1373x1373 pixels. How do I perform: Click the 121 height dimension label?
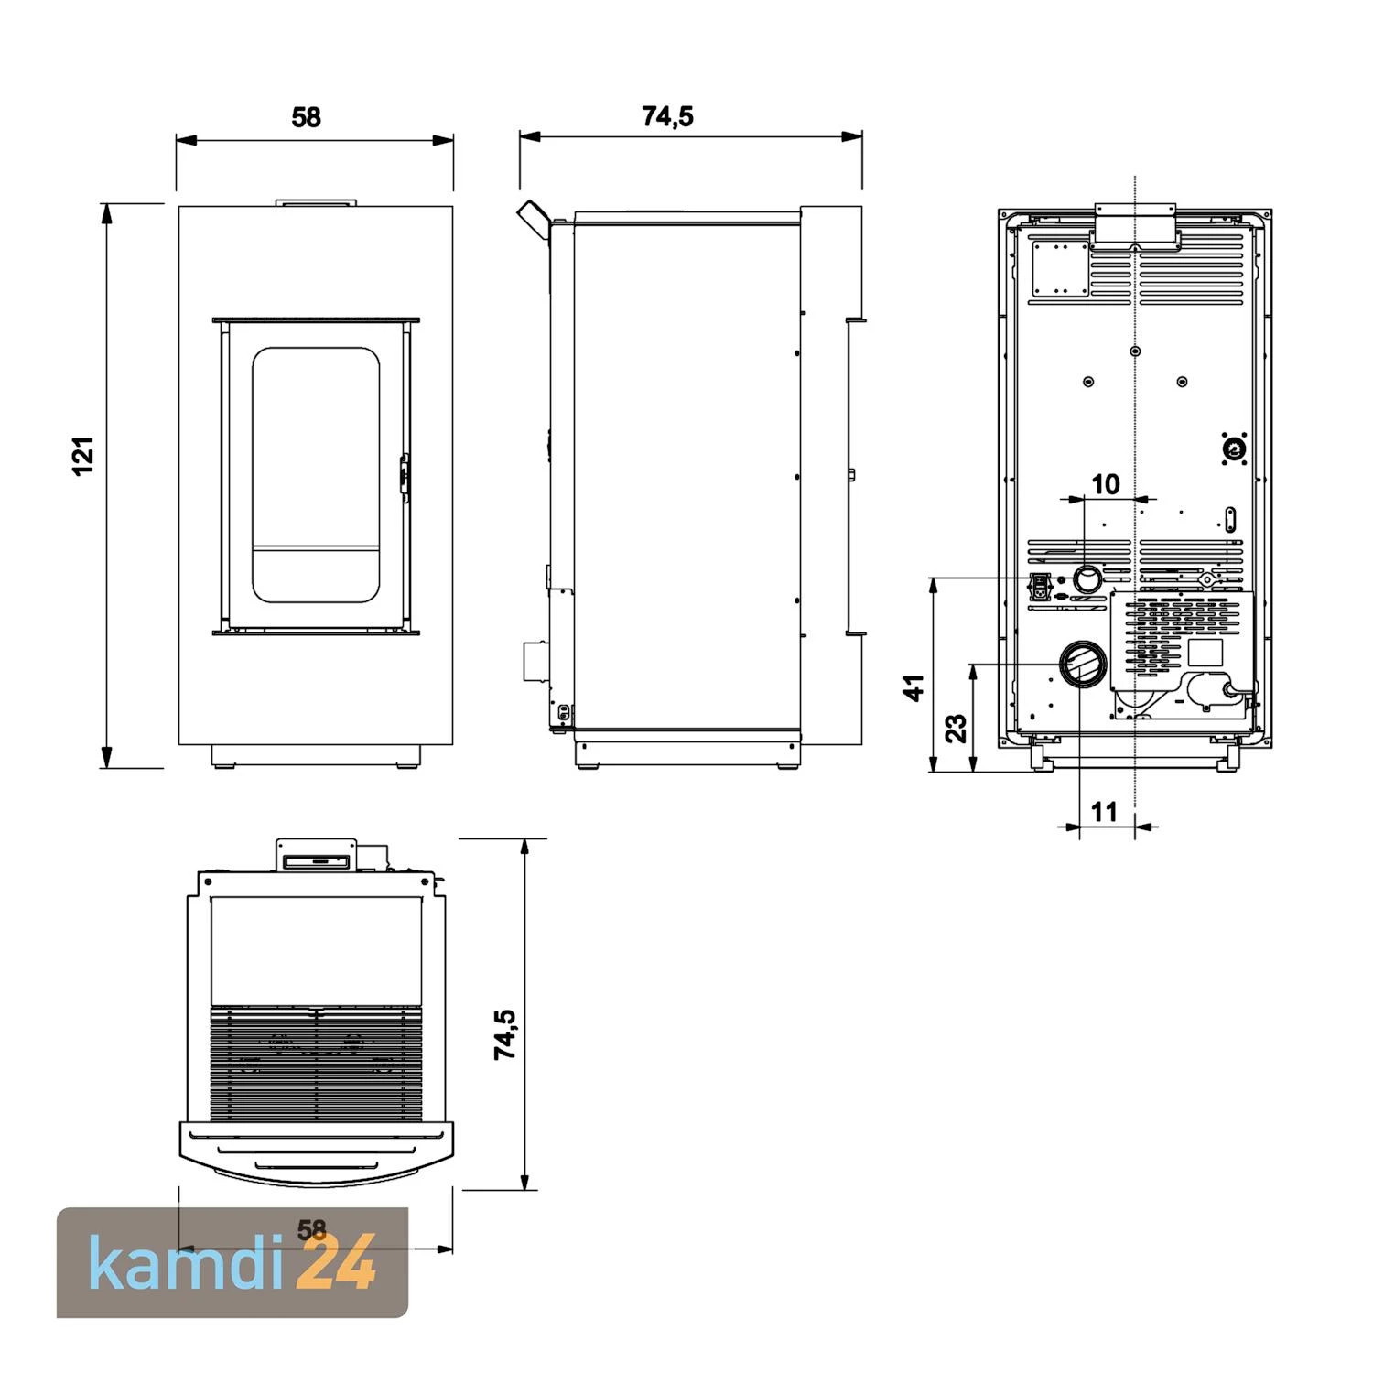tap(83, 456)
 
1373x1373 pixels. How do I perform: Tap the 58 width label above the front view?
tap(307, 117)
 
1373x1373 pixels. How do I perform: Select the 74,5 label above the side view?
tap(667, 116)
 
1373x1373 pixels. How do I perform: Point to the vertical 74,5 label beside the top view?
tap(505, 1034)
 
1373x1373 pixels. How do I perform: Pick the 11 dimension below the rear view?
tap(1105, 811)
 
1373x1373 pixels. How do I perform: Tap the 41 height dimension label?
tap(914, 687)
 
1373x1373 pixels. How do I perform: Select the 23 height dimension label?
tap(956, 728)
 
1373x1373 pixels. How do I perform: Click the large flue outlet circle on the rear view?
tap(1082, 665)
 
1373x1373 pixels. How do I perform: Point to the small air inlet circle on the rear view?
tap(1088, 579)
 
